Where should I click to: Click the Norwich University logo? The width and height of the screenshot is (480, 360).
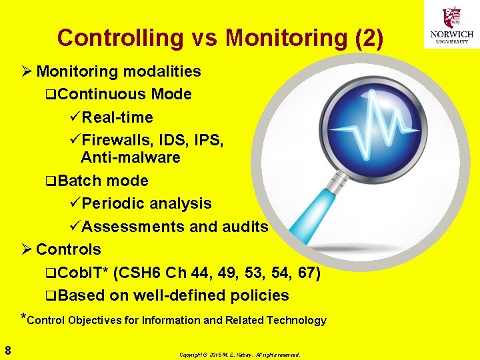coord(453,25)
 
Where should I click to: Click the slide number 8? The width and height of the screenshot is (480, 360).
coord(7,349)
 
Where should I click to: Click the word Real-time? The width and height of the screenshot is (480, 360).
coord(117,117)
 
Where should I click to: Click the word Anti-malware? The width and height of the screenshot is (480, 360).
coord(131,157)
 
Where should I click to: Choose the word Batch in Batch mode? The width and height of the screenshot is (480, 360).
coord(80,181)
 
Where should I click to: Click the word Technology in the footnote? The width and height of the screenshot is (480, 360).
coord(296,320)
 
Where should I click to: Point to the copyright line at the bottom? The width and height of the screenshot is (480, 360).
coord(239,355)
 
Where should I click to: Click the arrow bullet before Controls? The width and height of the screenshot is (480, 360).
coord(27,249)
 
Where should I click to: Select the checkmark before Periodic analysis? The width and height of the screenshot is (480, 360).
coord(75,203)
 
